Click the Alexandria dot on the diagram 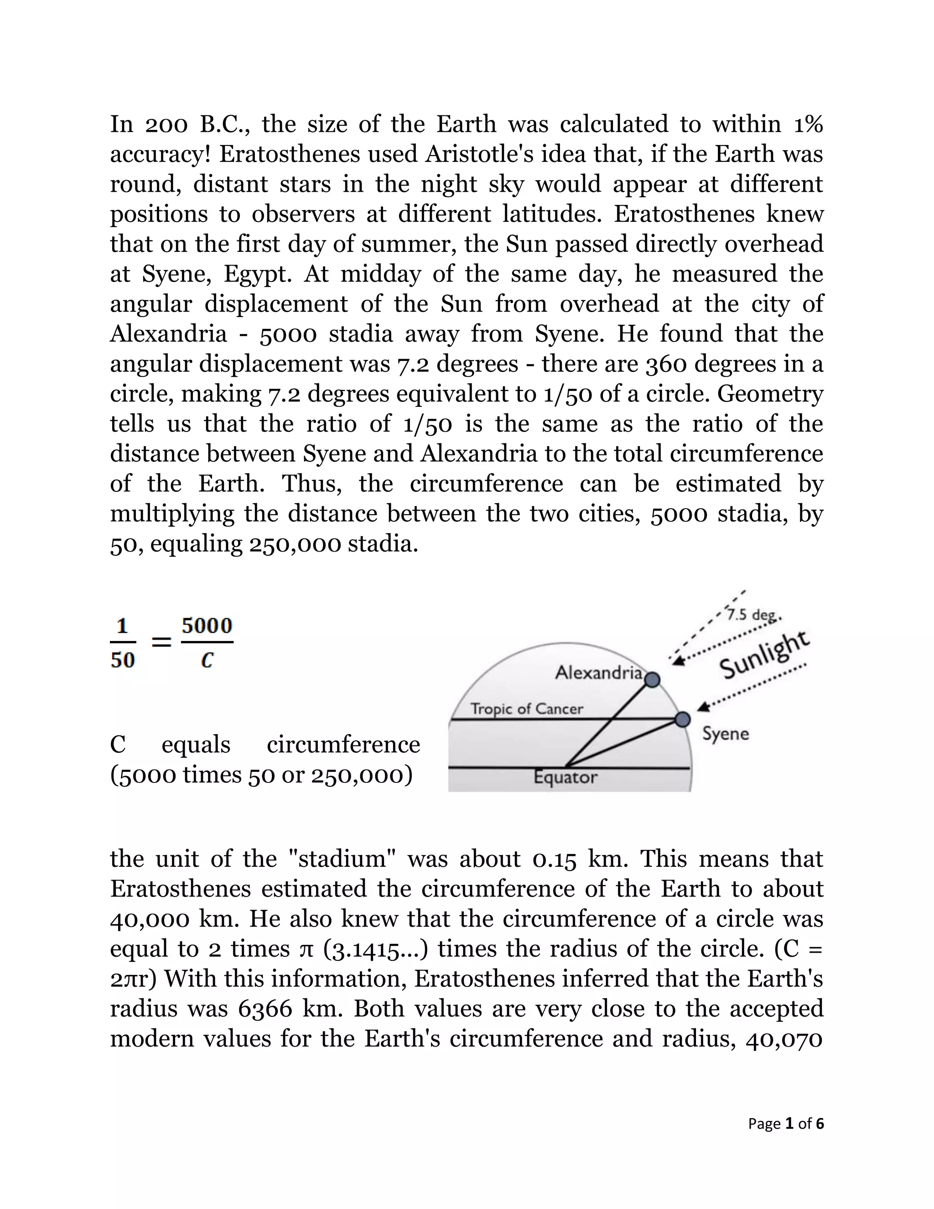653,679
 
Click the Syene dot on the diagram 683,719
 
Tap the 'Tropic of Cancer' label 526,709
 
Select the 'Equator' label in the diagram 565,777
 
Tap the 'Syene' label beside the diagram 726,734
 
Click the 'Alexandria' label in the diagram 599,672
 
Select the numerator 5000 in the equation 207,625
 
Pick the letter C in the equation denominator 207,660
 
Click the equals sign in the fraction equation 161,642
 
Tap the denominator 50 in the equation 122,660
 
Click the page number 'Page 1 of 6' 786,1123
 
